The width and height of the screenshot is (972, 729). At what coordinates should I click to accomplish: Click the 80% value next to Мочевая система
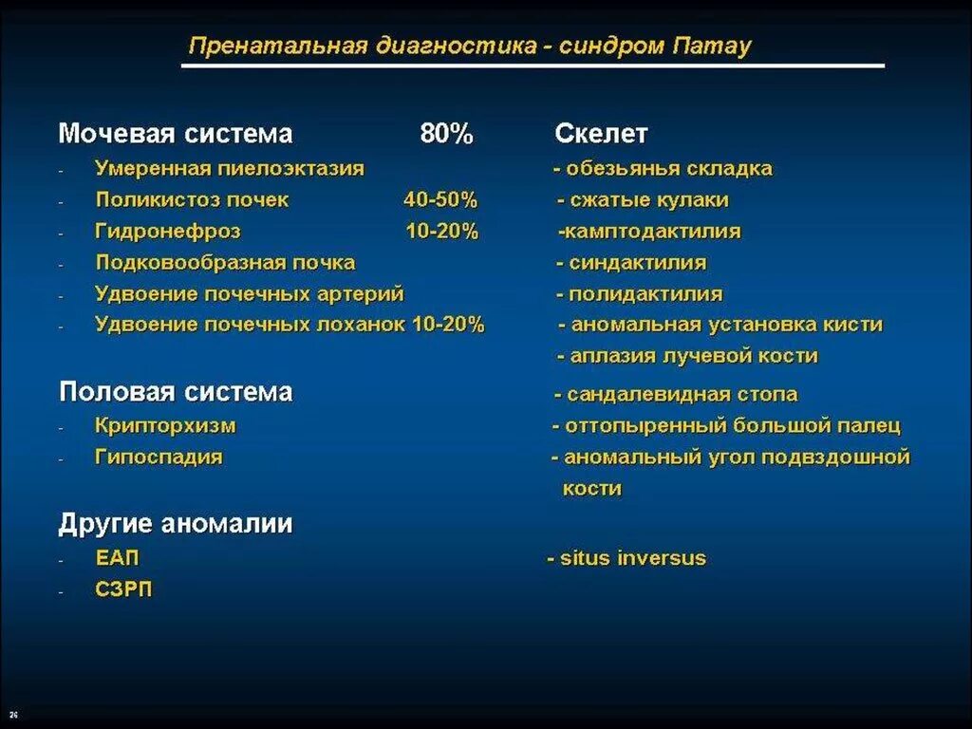pos(446,134)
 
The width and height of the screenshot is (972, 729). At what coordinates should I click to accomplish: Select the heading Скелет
pos(601,134)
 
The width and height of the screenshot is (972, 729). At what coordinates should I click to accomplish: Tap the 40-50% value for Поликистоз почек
pos(440,200)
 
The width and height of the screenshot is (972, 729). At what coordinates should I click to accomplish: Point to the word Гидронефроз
pos(168,231)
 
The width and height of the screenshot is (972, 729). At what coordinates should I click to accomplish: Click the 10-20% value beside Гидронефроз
pos(442,231)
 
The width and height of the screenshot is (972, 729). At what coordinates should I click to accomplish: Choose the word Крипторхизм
pos(165,426)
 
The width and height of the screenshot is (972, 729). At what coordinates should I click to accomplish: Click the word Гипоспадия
pos(159,457)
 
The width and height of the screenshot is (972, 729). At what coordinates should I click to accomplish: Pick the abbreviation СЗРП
pos(123,589)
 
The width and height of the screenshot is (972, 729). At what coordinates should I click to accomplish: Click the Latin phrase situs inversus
pos(633,557)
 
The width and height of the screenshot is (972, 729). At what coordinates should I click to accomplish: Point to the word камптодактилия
pos(653,231)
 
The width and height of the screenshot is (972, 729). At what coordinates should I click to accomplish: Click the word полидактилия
pos(645,293)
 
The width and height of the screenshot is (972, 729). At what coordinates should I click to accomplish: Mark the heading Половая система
pos(176,392)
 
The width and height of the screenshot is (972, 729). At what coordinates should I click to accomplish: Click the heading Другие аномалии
pos(176,523)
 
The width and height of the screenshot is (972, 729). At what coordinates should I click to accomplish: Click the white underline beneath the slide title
pos(533,66)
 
